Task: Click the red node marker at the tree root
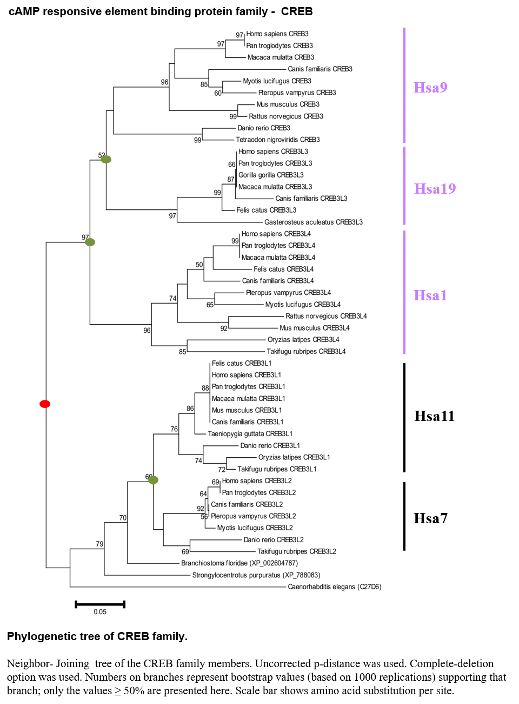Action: (x=45, y=404)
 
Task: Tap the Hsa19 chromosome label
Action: (x=435, y=188)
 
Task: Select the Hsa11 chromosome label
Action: (x=434, y=416)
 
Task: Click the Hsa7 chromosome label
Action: (x=430, y=518)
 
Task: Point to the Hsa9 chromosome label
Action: (x=430, y=87)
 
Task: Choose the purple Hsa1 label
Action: (x=430, y=295)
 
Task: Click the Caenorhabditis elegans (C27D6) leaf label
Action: (x=334, y=587)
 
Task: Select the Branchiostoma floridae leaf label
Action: (x=239, y=563)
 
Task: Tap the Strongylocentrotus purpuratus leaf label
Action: (x=256, y=575)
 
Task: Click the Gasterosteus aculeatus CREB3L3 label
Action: (x=314, y=222)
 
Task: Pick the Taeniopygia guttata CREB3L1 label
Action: (x=250, y=433)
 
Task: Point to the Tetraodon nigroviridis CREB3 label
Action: (x=277, y=140)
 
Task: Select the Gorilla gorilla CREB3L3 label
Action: (x=271, y=175)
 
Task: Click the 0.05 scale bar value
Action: (x=100, y=611)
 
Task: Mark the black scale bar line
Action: (x=100, y=604)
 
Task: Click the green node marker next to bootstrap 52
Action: (x=106, y=159)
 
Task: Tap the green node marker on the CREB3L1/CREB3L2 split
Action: (x=153, y=480)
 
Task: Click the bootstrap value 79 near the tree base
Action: (x=99, y=544)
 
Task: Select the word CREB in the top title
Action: (x=297, y=12)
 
